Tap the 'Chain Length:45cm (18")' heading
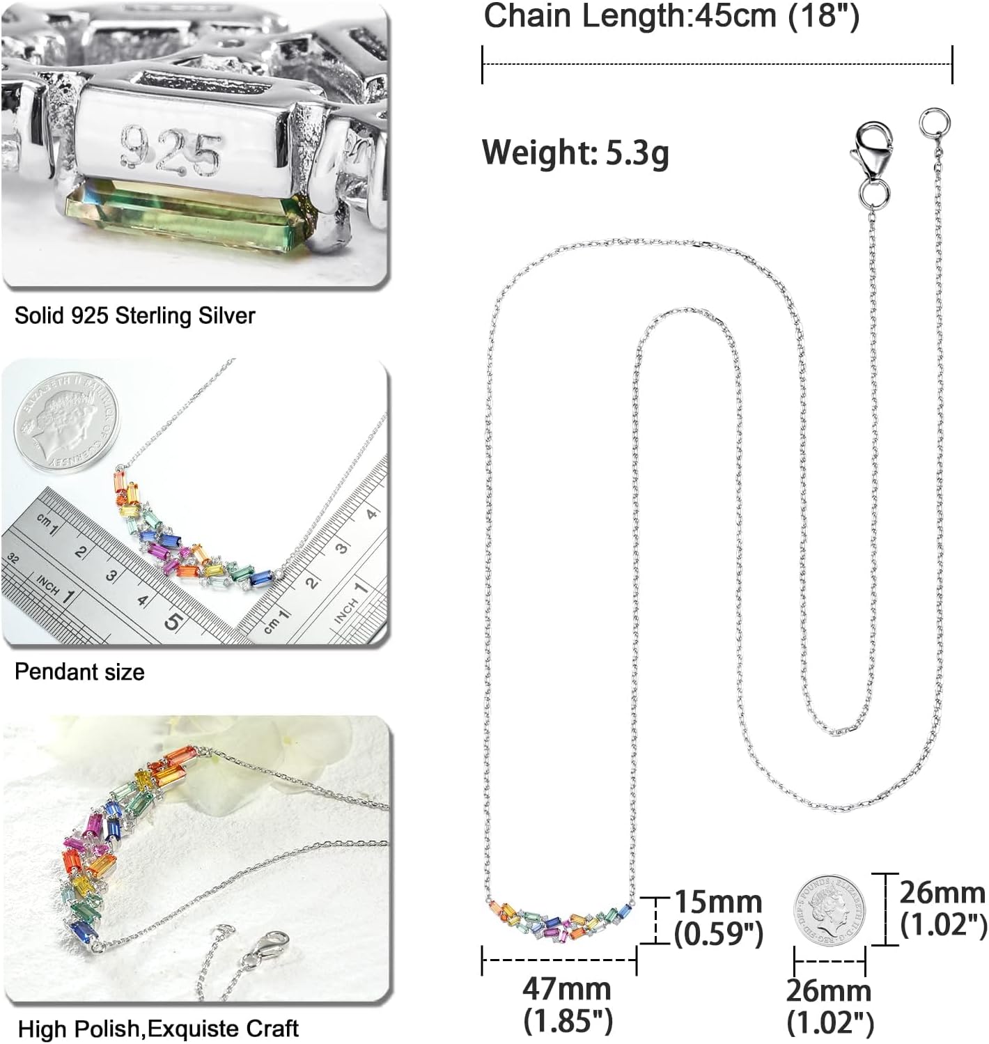671,17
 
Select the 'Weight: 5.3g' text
575,152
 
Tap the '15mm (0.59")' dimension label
717,918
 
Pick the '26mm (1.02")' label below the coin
829,1007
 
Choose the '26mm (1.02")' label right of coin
943,908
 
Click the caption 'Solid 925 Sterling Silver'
135,315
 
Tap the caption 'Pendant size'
79,672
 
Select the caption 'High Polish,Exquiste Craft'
158,1029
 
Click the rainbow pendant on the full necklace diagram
561,920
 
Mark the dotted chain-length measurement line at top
717,64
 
